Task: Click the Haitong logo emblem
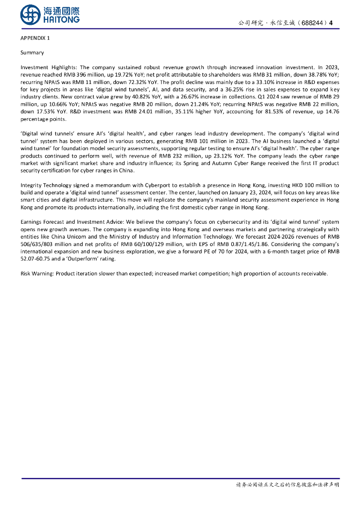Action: pyautogui.click(x=30, y=14)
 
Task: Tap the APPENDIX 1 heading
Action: pyautogui.click(x=35, y=38)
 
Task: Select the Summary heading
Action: pyautogui.click(x=32, y=53)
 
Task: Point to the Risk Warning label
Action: pyautogui.click(x=38, y=274)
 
